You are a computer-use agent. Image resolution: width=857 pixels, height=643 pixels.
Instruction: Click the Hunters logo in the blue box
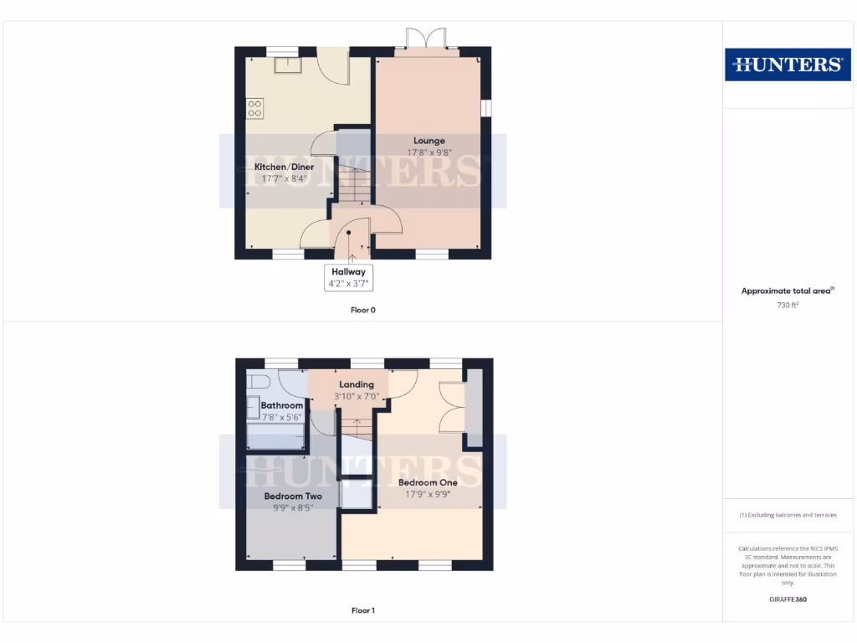click(788, 64)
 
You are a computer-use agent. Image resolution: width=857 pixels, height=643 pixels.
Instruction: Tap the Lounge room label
click(428, 141)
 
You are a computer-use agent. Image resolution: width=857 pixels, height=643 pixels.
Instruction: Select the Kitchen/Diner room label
click(285, 167)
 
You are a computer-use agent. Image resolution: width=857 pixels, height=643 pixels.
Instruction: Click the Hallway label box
click(348, 277)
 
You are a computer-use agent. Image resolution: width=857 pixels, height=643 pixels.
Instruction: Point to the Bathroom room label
click(281, 405)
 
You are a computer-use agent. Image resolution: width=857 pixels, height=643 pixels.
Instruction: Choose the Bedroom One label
click(428, 482)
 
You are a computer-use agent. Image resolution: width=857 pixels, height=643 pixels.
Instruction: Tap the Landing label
click(357, 384)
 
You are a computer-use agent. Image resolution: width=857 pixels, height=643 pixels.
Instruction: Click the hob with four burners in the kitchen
click(255, 109)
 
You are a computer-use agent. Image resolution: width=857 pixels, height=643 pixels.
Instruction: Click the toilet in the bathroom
click(258, 382)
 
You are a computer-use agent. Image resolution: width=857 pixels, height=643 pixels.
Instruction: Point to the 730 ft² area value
click(788, 306)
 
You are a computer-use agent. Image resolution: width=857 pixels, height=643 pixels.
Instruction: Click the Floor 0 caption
click(363, 310)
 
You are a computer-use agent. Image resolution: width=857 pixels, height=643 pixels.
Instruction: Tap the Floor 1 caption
click(363, 610)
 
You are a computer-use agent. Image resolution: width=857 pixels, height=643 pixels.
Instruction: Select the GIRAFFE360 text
click(788, 599)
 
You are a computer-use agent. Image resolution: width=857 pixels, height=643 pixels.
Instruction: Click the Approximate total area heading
click(788, 291)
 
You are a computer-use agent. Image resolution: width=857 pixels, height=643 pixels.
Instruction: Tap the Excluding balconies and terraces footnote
click(788, 515)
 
